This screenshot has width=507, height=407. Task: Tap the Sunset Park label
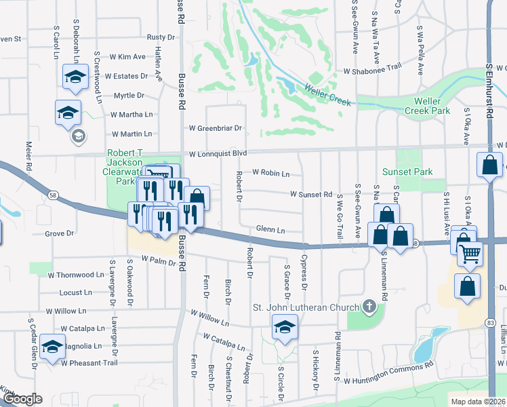click(x=407, y=172)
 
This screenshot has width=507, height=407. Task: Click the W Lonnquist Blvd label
click(x=218, y=153)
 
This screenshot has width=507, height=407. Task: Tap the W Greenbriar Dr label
click(x=215, y=128)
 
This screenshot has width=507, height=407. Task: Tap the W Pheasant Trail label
click(x=89, y=363)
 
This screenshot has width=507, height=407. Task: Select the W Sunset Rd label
click(x=310, y=194)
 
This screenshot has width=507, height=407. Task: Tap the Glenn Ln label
click(x=270, y=229)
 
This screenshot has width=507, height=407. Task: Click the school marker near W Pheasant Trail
click(x=52, y=347)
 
